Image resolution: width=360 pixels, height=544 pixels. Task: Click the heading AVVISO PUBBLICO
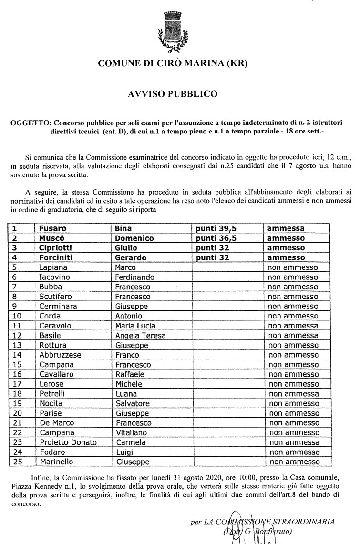[173, 94]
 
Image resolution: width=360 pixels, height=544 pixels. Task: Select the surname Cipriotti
[57, 248]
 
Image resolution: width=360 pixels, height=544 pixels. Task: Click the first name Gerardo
[131, 257]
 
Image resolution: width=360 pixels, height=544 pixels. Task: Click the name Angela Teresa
[140, 335]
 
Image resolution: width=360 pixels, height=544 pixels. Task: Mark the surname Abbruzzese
[60, 355]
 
